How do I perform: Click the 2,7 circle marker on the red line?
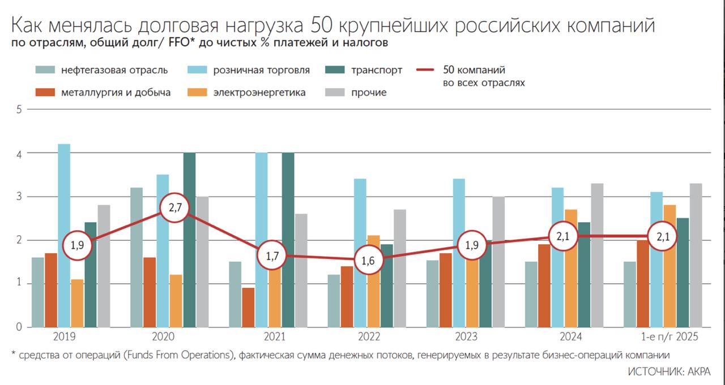click(174, 209)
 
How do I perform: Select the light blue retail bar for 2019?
click(64, 235)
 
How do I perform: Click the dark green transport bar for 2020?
click(189, 240)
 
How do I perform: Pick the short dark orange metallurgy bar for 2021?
click(248, 307)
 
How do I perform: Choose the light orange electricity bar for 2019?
click(77, 303)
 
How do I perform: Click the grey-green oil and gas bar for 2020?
click(137, 257)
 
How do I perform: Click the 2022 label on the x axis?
click(369, 337)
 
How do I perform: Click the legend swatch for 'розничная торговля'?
click(197, 70)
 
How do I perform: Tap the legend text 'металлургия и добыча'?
click(116, 92)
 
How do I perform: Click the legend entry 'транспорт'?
click(377, 70)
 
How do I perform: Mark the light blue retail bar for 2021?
click(261, 240)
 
